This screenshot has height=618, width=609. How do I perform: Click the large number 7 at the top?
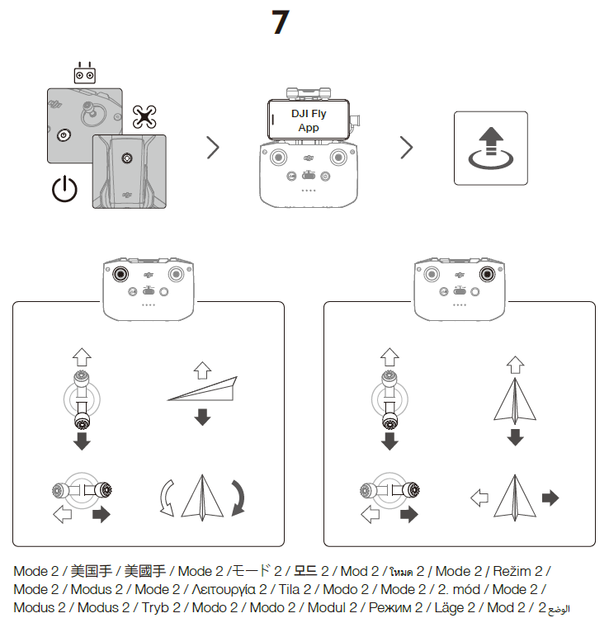280,22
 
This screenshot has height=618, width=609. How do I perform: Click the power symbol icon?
64,190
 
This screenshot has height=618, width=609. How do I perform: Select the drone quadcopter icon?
145,116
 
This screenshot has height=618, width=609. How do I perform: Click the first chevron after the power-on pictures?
213,148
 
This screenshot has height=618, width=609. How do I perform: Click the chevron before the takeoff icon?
406,148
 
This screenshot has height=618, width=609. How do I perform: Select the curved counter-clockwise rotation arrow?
167,498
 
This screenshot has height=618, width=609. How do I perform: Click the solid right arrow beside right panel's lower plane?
550,498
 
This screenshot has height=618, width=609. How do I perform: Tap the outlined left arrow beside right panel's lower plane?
479,498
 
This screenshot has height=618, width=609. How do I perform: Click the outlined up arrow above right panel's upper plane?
515,364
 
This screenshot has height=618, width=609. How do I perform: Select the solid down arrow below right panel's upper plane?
515,436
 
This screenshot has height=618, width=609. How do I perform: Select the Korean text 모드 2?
312,571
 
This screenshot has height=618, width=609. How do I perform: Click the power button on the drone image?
126,157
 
